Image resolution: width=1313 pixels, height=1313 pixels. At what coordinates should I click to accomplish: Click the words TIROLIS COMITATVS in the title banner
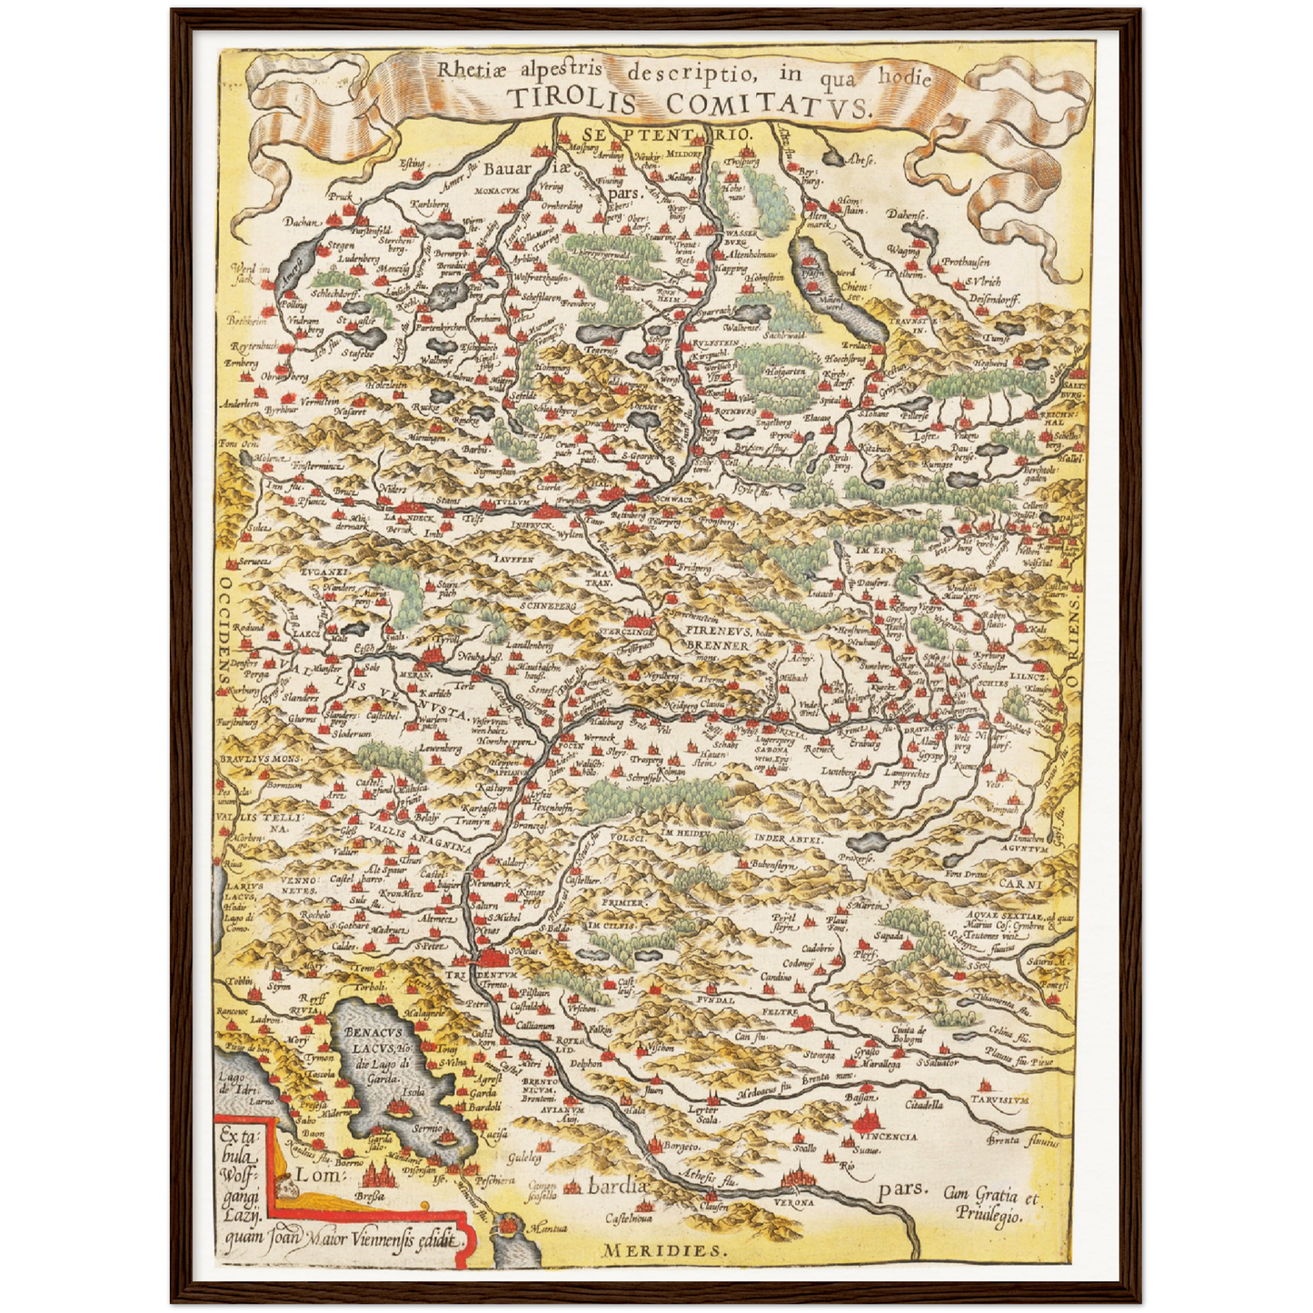(687, 103)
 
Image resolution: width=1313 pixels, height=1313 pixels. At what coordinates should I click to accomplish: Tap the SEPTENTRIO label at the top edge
(670, 134)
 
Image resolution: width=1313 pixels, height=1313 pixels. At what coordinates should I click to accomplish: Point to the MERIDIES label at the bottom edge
(664, 1250)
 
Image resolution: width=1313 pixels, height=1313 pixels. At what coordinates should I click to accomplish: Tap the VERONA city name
(796, 1201)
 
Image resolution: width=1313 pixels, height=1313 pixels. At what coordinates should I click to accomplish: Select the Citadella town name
(922, 1105)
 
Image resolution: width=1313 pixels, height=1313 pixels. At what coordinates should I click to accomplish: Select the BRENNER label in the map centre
(716, 645)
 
